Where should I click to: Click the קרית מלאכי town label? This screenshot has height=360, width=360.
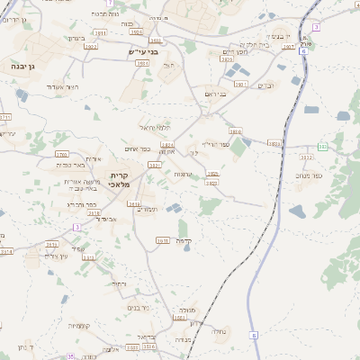[x=120, y=179]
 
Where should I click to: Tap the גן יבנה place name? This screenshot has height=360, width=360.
[x=22, y=67]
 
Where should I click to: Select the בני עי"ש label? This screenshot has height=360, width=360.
[x=144, y=51]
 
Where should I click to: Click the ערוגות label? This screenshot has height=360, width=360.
[x=183, y=174]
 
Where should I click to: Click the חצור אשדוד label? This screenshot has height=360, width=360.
[x=66, y=86]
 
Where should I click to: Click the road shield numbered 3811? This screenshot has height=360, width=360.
[x=274, y=143]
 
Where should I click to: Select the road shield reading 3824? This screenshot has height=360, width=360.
[x=166, y=144]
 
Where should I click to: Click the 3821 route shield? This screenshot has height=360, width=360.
[x=156, y=165]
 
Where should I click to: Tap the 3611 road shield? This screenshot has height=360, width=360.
[x=162, y=240]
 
